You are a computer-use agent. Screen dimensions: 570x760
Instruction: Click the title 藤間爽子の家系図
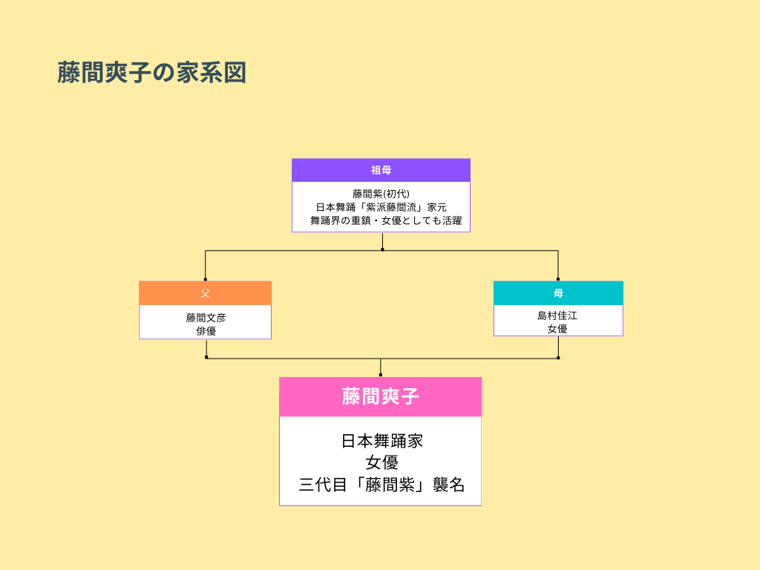point(151,73)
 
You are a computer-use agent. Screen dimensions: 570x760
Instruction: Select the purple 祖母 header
point(381,170)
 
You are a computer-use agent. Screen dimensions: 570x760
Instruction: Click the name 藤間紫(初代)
point(381,194)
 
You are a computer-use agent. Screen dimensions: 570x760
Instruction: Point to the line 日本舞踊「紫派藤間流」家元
point(381,207)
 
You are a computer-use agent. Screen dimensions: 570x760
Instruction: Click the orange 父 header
point(205,293)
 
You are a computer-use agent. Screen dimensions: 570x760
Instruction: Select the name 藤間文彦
point(206,318)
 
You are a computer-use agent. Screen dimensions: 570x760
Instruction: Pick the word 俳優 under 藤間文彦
point(206,331)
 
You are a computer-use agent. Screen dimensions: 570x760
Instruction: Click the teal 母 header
point(558,293)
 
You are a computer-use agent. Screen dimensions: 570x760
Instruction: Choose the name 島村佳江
point(557,315)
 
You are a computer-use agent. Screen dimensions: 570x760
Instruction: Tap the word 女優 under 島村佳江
point(557,328)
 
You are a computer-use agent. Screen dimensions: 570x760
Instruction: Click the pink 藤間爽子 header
point(380,396)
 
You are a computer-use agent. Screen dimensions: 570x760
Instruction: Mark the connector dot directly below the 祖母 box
point(382,249)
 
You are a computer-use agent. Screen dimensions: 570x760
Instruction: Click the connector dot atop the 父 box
point(206,280)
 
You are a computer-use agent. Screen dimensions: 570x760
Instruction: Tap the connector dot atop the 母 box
point(558,280)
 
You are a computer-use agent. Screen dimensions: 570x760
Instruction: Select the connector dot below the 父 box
point(206,357)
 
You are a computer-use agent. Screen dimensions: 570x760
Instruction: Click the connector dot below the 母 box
point(558,357)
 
